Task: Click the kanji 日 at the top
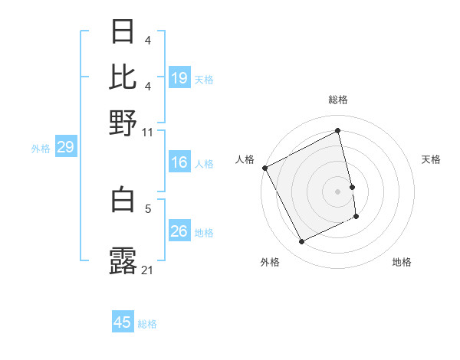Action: (123, 32)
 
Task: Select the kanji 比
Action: (123, 77)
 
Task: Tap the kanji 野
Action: (123, 122)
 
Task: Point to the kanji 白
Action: (123, 199)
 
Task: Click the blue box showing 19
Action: (179, 77)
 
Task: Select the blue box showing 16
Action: (179, 162)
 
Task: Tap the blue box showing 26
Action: (179, 231)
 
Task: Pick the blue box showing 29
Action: (65, 147)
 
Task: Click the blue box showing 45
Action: (123, 322)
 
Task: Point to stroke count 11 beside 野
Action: (148, 132)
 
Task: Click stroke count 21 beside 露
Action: (148, 270)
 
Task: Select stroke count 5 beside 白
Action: (149, 208)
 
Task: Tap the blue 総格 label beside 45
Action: (147, 324)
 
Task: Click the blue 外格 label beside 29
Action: (40, 149)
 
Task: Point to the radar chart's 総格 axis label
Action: (338, 100)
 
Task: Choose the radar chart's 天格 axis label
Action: (432, 159)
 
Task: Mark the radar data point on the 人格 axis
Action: (264, 168)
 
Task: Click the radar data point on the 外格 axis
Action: (301, 242)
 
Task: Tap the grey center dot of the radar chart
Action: (338, 191)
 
